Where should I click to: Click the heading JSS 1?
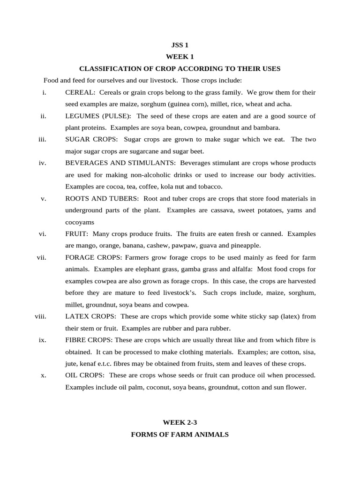[180, 45]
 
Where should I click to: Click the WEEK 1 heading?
[180, 57]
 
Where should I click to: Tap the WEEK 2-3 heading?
[180, 422]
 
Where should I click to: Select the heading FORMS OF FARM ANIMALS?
[180, 435]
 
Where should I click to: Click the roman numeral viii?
[40, 316]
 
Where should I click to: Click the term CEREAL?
[80, 92]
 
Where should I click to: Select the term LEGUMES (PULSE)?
[98, 116]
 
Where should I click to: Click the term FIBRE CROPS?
[89, 340]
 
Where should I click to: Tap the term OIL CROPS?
[85, 375]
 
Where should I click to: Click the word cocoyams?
[80, 222]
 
